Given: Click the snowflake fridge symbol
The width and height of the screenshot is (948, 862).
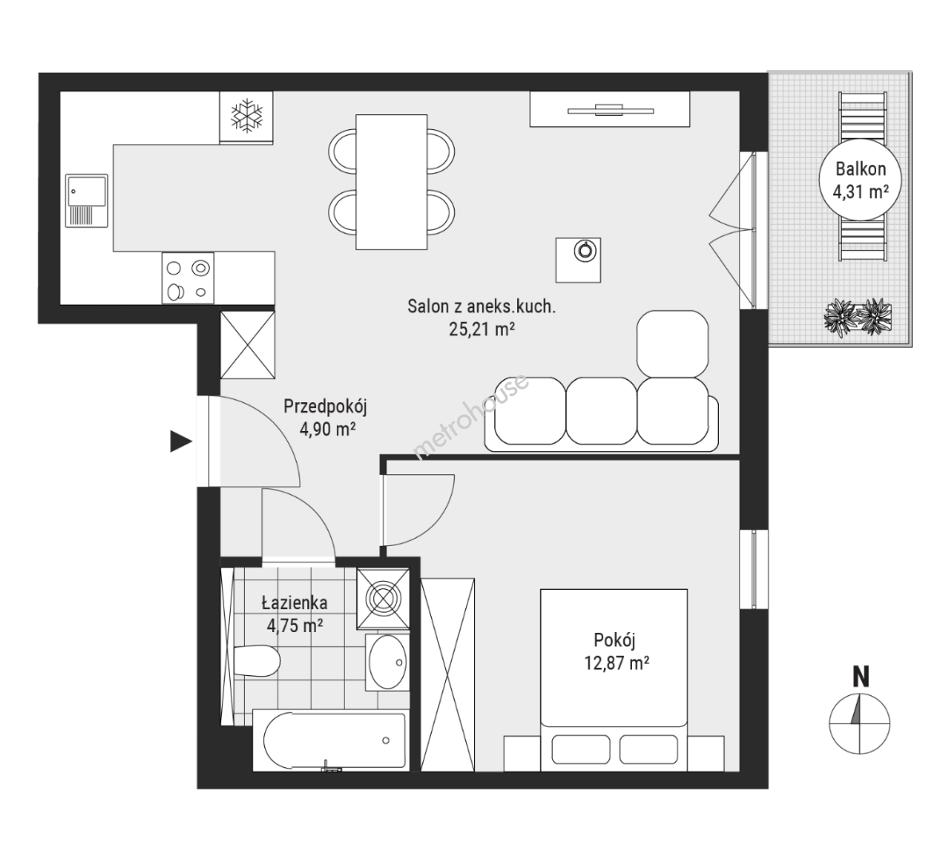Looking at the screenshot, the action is point(247,117).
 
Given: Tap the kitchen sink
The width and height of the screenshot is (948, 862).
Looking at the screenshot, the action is point(86,201).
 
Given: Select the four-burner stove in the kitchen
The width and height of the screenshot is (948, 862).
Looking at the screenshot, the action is point(188,278).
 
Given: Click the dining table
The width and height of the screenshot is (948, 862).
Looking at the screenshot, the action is point(391,182).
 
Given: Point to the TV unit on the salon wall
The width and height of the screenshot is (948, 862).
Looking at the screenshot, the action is point(610,109).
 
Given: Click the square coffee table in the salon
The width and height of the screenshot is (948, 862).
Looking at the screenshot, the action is point(578,259).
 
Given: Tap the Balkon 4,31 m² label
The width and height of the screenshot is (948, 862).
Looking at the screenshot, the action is point(860,180).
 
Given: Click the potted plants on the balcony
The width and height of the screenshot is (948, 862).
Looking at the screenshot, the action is point(857,316).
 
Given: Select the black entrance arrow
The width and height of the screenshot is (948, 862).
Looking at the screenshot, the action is point(181,441).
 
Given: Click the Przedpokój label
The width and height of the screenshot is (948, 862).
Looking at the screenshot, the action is point(326,406).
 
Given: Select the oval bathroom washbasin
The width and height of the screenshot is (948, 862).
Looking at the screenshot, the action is point(387,662).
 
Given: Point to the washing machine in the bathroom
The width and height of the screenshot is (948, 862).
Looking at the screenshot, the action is point(383,599).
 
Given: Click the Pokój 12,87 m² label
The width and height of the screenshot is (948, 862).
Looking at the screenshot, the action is point(616,651).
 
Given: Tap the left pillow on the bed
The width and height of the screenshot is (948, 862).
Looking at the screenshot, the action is point(580,749).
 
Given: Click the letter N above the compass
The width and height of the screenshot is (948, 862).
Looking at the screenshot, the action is point(860,677).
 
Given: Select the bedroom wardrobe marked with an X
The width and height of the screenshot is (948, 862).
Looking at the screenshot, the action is point(448,675).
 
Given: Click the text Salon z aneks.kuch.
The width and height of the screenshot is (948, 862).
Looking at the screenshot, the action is point(481,306).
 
